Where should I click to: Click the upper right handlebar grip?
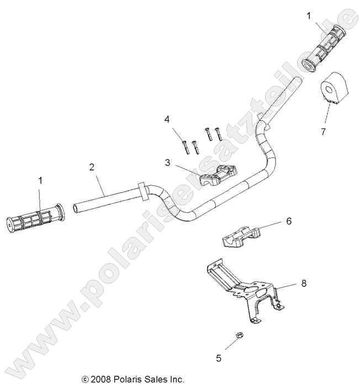point(326,48)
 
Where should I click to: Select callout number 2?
point(92,166)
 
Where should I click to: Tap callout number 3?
point(167,163)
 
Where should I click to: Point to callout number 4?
point(167,119)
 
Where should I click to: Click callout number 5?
point(219,359)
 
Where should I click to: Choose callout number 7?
point(323,131)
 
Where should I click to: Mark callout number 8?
point(303,283)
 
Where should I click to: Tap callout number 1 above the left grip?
point(40,180)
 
